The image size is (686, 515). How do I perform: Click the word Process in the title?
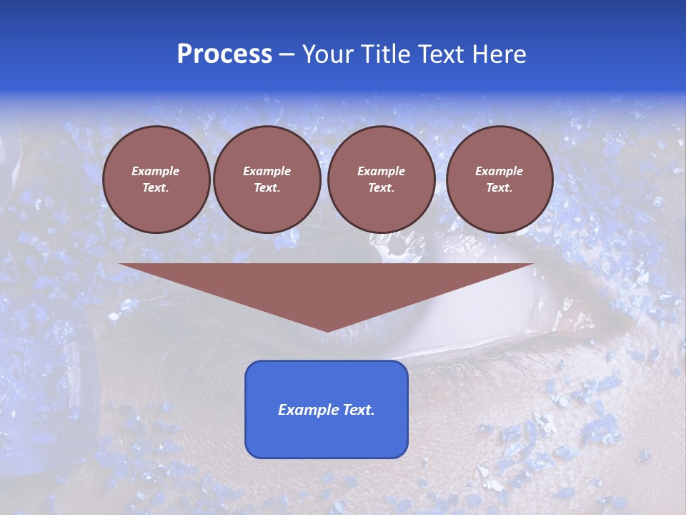point(224,54)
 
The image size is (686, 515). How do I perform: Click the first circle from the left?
point(156,180)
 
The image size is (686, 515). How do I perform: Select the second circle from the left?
point(267,180)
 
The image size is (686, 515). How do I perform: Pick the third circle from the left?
point(381,180)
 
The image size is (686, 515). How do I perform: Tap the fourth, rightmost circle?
point(499,180)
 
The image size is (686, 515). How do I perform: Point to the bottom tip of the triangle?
point(327,330)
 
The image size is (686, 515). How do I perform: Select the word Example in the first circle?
point(156,171)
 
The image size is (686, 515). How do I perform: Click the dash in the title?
point(287,54)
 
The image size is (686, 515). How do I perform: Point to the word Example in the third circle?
point(381,171)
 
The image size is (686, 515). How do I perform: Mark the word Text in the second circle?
point(266,188)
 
